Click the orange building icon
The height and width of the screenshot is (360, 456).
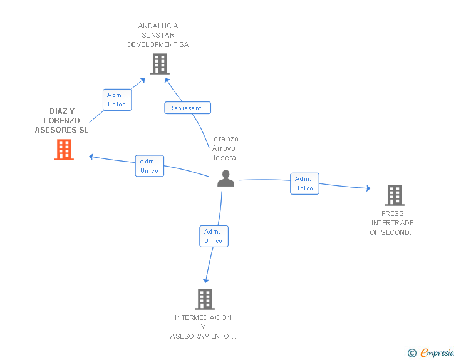tap(64, 150)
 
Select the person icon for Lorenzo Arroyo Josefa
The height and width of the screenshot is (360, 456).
tap(225, 178)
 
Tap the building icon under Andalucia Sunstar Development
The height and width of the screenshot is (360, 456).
tap(160, 64)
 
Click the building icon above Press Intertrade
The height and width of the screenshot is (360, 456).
tap(395, 195)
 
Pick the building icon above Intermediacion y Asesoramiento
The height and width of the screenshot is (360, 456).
tap(205, 299)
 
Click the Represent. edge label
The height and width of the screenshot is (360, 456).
tap(187, 108)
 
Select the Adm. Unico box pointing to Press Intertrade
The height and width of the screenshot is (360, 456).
tap(304, 183)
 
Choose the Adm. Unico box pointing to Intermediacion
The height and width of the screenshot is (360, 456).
tap(214, 236)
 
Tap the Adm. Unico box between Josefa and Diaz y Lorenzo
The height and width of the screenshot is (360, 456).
tap(150, 166)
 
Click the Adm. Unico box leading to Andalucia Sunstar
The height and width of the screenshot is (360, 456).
tap(117, 100)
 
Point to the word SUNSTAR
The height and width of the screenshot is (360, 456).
tap(158, 35)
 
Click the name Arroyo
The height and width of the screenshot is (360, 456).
tap(224, 148)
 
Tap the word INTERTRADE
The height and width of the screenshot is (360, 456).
tap(392, 223)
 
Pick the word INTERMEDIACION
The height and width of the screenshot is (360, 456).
tap(203, 317)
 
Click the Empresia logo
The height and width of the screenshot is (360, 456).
tap(437, 352)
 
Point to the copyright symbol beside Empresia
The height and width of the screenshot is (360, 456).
tap(412, 353)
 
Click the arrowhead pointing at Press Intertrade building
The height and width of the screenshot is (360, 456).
tap(368, 188)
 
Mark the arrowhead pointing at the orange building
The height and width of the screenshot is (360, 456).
tap(91, 157)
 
